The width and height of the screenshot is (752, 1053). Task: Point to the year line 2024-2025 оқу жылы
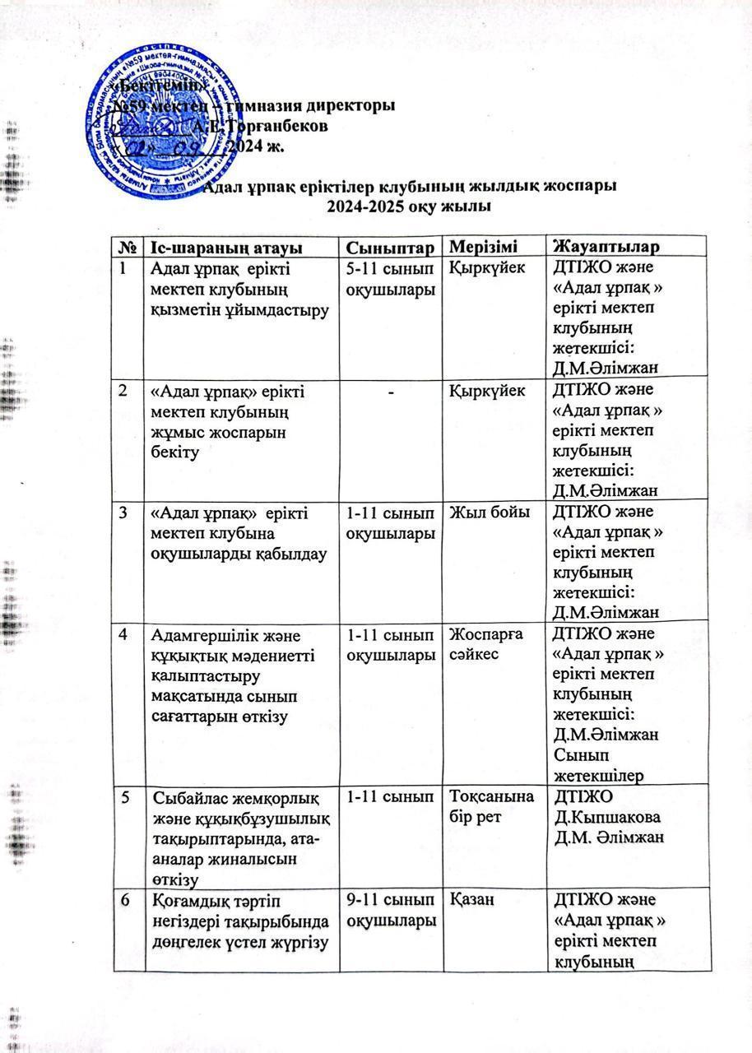coord(408,206)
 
